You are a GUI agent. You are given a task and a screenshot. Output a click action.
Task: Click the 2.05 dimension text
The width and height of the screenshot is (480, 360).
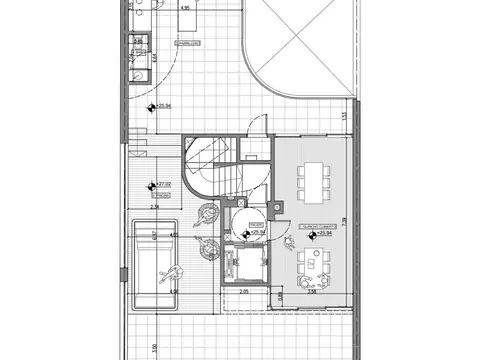[243, 291]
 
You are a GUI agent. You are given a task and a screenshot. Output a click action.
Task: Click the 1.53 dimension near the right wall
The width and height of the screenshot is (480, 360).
[342, 118]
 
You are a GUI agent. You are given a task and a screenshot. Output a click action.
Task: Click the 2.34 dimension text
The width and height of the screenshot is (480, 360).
[154, 208]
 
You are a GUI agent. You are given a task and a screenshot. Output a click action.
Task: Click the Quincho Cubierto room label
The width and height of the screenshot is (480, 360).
[316, 228]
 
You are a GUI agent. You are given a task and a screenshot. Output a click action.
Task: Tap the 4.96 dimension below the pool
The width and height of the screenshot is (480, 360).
[172, 292]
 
